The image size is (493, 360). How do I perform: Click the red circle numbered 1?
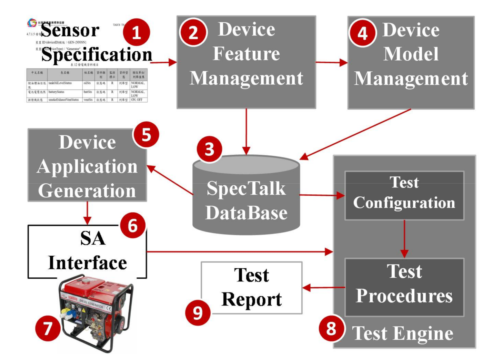click(x=136, y=32)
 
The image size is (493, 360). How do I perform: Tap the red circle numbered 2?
click(x=193, y=32)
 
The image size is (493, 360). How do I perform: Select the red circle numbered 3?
click(x=209, y=149)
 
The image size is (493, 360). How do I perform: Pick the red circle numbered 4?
click(x=362, y=33)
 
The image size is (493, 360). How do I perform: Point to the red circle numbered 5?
click(x=146, y=135)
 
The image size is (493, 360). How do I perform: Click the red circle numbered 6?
click(x=133, y=226)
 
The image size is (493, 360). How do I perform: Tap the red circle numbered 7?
click(x=48, y=328)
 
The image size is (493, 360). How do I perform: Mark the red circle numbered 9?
click(x=198, y=312)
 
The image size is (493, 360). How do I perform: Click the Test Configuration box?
click(x=404, y=195)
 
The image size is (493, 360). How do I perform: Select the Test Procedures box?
click(x=404, y=287)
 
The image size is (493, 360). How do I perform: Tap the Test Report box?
click(x=251, y=288)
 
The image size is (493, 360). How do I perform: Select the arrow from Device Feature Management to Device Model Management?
click(x=331, y=62)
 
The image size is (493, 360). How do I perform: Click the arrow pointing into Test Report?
click(x=323, y=287)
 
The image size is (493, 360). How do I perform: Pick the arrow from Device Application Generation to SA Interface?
click(x=87, y=213)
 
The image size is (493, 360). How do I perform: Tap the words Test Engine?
click(x=402, y=333)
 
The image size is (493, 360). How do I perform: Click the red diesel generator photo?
click(x=95, y=312)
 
